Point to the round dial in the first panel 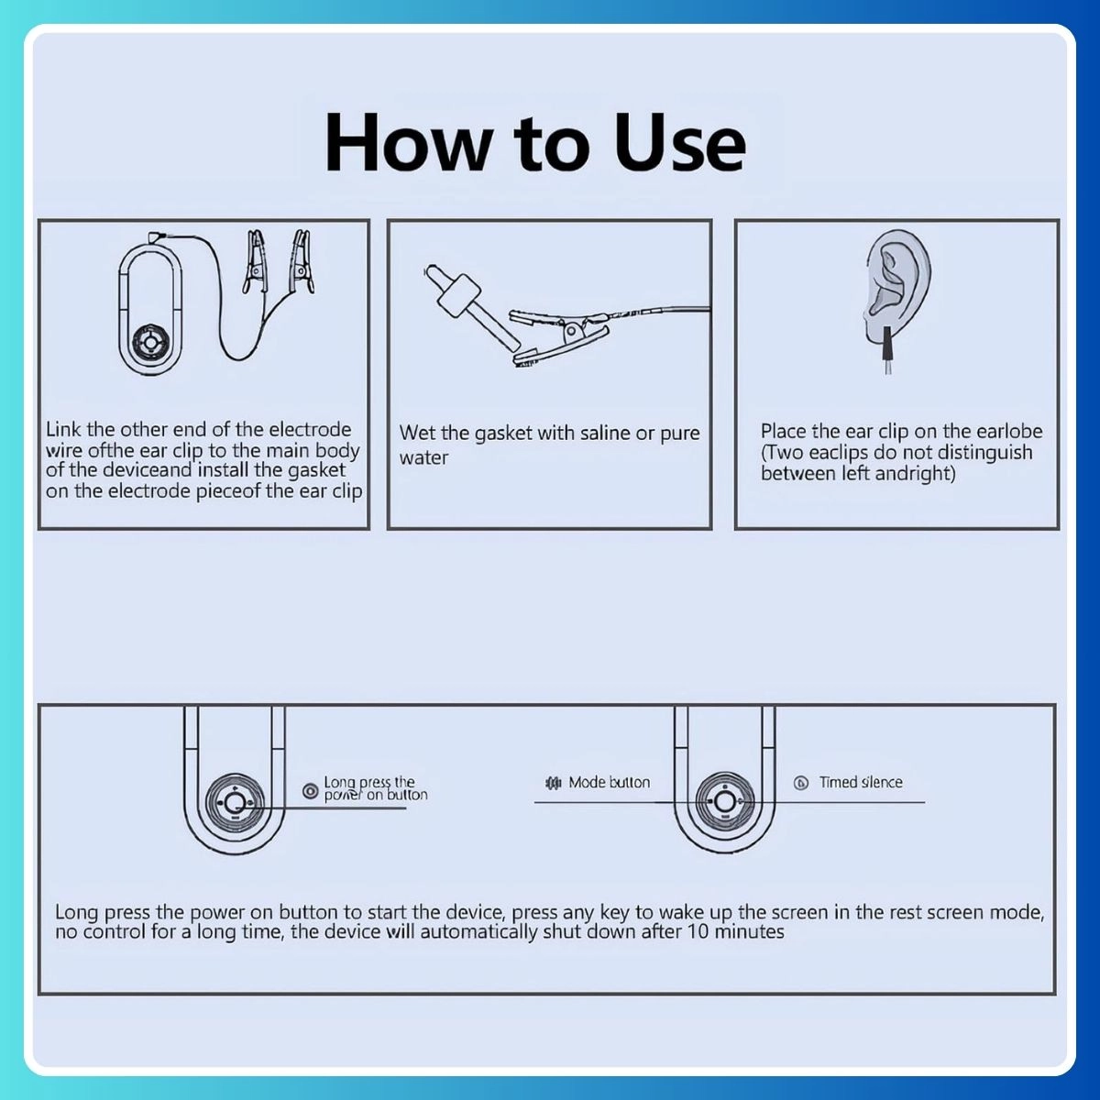(x=150, y=345)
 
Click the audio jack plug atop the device (x=155, y=236)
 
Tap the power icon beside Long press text (x=311, y=791)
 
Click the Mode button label (x=609, y=783)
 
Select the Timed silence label (x=861, y=783)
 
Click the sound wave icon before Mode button (x=553, y=783)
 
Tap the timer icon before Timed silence (x=801, y=783)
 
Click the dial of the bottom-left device (x=235, y=803)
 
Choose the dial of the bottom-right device (x=725, y=803)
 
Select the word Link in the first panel (x=63, y=429)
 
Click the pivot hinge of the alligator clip (x=571, y=331)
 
